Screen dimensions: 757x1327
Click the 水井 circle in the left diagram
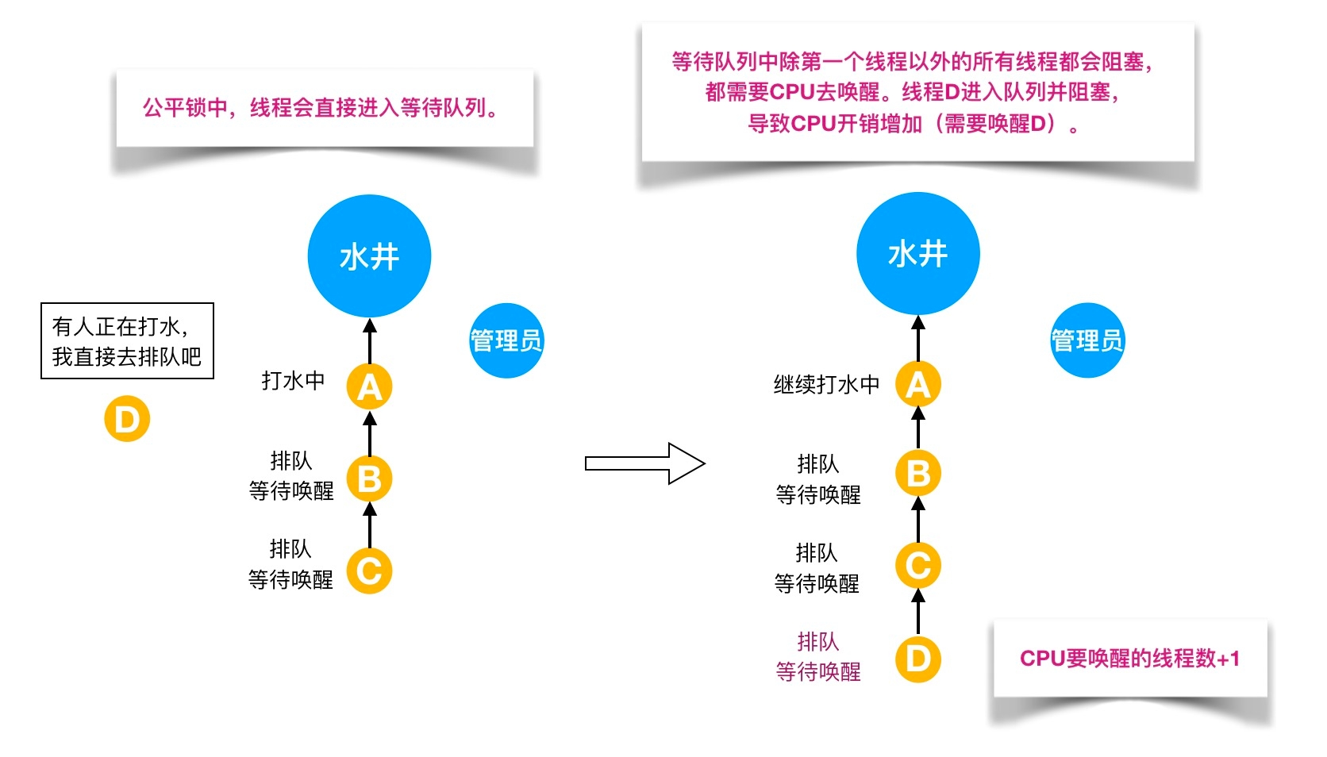[369, 256]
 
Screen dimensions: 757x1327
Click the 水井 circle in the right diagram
[917, 254]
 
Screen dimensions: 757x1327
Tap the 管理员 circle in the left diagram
[506, 340]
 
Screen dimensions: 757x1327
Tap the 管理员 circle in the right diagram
[1087, 340]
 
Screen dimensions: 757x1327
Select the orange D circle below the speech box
[127, 419]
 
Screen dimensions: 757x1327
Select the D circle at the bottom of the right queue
[917, 659]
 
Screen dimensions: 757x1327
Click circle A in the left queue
[369, 386]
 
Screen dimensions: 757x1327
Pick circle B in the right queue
[917, 474]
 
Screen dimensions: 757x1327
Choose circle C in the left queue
[369, 571]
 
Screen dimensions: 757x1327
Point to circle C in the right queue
[917, 566]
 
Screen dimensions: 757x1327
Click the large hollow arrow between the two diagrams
[644, 463]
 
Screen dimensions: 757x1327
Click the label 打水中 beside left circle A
[293, 381]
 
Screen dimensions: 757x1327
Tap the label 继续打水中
[826, 385]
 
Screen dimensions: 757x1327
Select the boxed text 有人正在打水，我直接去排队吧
[127, 341]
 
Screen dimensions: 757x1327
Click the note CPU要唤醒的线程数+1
[1129, 659]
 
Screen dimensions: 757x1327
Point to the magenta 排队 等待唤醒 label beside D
[818, 657]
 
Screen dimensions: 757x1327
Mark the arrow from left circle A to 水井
[369, 341]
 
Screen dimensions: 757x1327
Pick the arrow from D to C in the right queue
[917, 612]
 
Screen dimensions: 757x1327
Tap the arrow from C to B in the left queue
[369, 525]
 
